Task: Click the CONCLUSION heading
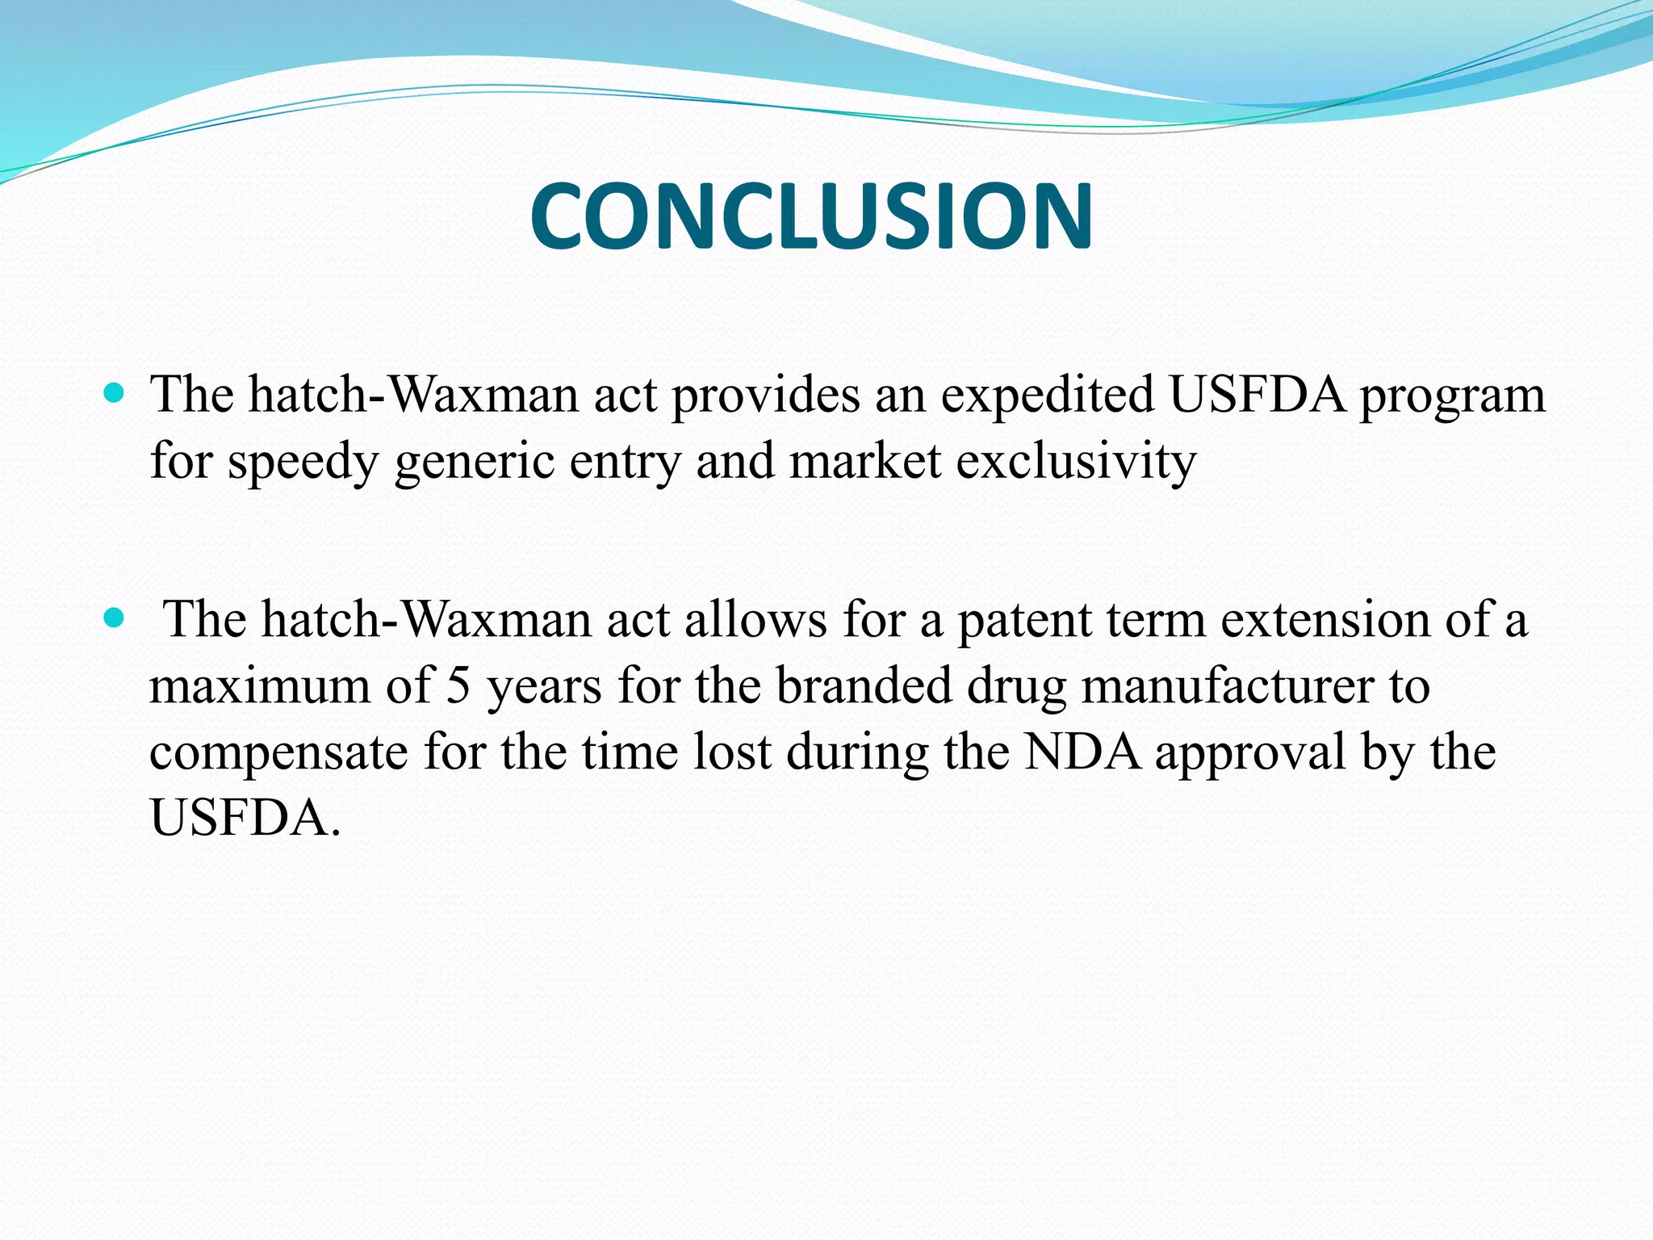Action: (x=811, y=216)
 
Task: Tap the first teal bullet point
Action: (x=115, y=394)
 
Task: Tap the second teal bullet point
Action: (x=115, y=619)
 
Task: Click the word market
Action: (x=865, y=462)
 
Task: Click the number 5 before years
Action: (x=458, y=686)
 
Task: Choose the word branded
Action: (x=864, y=686)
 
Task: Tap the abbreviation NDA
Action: (x=1082, y=752)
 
